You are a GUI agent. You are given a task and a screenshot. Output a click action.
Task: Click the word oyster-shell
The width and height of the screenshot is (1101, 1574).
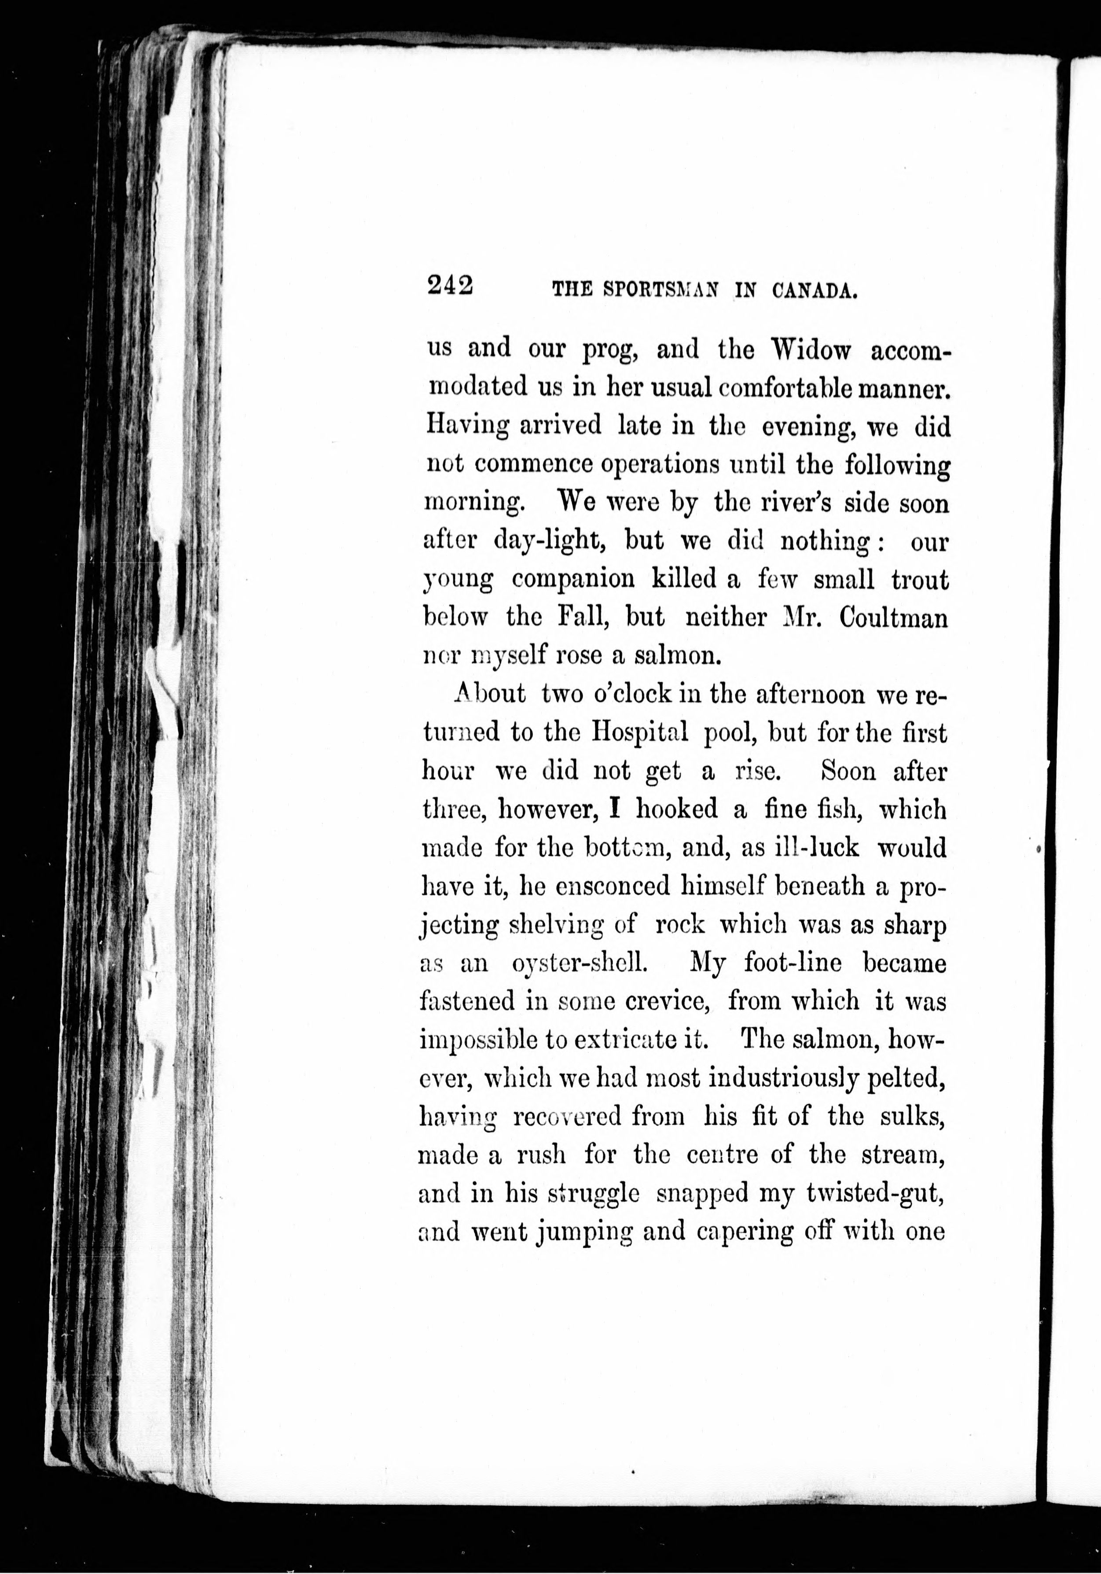[579, 964]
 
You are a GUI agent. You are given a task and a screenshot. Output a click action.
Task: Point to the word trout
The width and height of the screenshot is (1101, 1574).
[920, 580]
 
